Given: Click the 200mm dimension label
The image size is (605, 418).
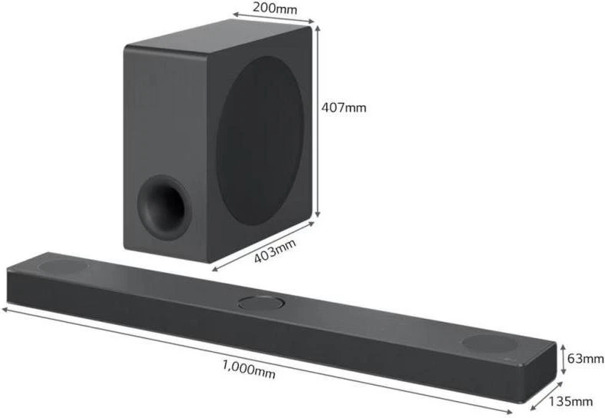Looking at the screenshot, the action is point(275,8).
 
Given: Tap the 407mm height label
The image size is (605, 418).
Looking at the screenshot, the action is point(343,108).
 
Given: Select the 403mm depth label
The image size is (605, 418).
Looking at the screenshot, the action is point(275,250).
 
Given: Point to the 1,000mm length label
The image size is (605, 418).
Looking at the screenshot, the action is point(249,370).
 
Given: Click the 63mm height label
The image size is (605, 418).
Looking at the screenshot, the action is point(585,359).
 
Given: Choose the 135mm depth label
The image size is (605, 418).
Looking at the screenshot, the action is point(570,401).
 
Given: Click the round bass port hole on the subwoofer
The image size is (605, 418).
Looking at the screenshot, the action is point(164,207).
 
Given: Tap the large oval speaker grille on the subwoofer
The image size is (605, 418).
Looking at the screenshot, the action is point(260,141).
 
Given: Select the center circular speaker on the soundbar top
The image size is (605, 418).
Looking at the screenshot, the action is point(262,303).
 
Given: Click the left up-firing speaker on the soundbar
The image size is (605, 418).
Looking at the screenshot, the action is point(63,266).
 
